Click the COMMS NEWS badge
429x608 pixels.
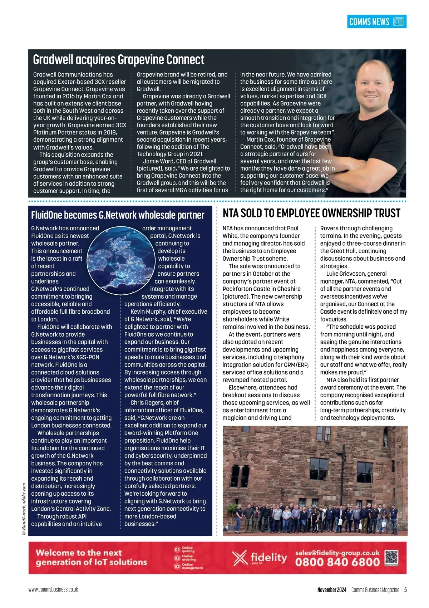coord(376,22)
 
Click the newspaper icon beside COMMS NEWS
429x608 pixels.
coord(398,22)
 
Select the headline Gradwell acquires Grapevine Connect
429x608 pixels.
coord(119,59)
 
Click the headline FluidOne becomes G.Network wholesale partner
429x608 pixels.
coord(118,215)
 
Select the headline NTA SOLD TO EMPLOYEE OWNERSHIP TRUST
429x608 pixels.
coord(311,214)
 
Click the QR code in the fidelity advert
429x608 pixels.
coord(391,557)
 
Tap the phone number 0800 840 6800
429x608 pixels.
coord(337,562)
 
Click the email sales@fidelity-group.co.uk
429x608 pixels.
coord(337,553)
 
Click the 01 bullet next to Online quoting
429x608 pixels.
coord(177,549)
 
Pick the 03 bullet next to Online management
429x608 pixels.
coord(177,566)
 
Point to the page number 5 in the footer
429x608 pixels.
coord(405,590)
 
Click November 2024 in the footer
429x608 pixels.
coord(332,590)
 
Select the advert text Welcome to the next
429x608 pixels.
coord(79,553)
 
